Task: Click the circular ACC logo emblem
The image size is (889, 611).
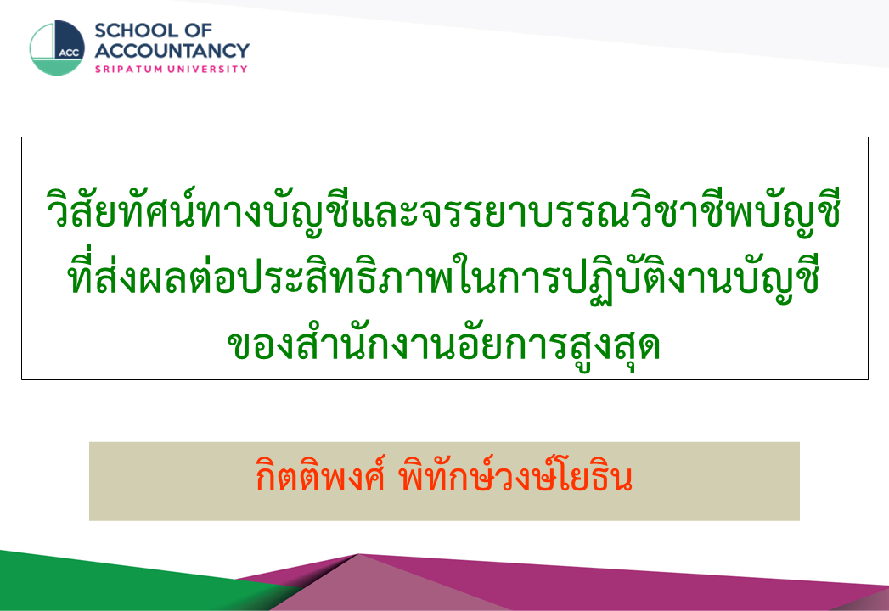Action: pyautogui.click(x=57, y=48)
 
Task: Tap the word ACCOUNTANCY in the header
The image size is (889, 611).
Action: pyautogui.click(x=172, y=50)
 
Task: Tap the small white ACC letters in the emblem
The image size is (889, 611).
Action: pyautogui.click(x=69, y=53)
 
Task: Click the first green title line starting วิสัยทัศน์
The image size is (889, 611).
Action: pyautogui.click(x=443, y=210)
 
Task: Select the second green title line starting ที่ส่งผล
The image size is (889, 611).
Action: pyautogui.click(x=443, y=277)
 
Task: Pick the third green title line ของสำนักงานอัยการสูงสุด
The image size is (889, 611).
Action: pyautogui.click(x=443, y=342)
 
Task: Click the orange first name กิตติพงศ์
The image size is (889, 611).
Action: pyautogui.click(x=320, y=477)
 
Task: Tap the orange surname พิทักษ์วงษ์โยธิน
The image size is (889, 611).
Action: pyautogui.click(x=515, y=476)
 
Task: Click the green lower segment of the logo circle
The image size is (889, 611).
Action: pyautogui.click(x=57, y=67)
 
